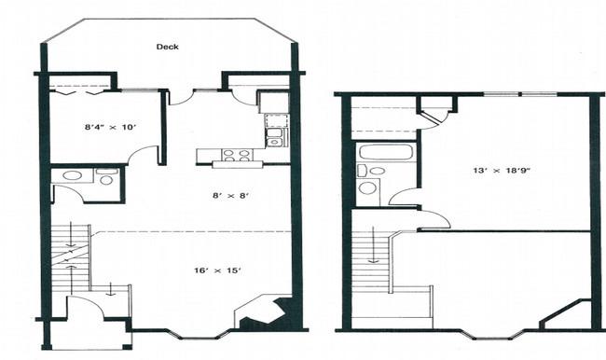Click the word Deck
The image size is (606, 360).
(x=167, y=47)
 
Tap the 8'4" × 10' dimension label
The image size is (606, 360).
(x=110, y=127)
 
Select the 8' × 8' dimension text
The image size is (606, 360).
(x=230, y=196)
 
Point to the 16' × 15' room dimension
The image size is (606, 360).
(x=218, y=270)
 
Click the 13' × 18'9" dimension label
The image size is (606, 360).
(x=501, y=170)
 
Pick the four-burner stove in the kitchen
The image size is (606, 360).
(x=236, y=156)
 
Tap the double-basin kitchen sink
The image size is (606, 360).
(x=275, y=138)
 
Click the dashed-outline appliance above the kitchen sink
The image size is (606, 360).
(x=276, y=120)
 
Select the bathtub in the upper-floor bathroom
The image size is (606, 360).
(x=386, y=152)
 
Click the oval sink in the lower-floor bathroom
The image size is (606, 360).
(x=73, y=175)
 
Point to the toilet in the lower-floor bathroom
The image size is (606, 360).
(x=105, y=176)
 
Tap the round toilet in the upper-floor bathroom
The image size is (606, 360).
(x=367, y=187)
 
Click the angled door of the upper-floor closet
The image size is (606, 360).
(x=431, y=118)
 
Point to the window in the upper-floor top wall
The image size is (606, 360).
(x=520, y=94)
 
